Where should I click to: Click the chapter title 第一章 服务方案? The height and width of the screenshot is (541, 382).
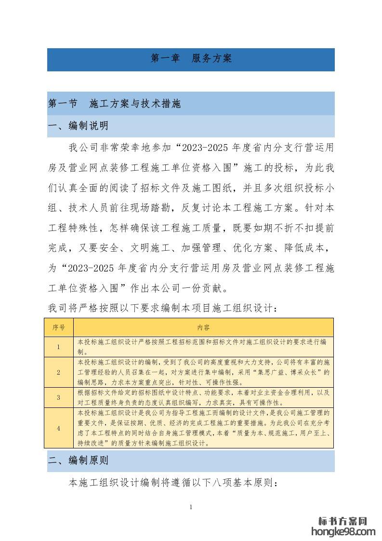coord(191,59)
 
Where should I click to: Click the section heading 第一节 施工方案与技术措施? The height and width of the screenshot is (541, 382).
coord(115,104)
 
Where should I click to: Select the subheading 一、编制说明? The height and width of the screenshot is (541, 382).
coord(78,126)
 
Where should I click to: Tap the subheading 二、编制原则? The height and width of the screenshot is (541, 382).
coord(78,460)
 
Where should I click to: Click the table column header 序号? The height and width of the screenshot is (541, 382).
coord(59,327)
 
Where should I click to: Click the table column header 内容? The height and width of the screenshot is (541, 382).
coord(203,327)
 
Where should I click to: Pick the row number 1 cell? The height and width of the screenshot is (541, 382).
coord(59,347)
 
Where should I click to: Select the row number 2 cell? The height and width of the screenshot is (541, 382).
coord(59,372)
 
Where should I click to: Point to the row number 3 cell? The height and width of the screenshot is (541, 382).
coord(59,397)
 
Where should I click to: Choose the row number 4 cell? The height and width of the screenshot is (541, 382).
coord(59,428)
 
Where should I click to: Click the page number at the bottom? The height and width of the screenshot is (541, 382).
coord(191,507)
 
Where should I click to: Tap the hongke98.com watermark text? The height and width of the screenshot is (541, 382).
coord(343,531)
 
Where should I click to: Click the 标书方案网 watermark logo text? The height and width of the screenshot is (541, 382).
coord(343,521)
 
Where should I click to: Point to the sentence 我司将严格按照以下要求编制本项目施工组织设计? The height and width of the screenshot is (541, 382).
coord(162,307)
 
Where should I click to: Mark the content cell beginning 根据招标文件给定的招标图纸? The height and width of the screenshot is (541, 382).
coord(203,397)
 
